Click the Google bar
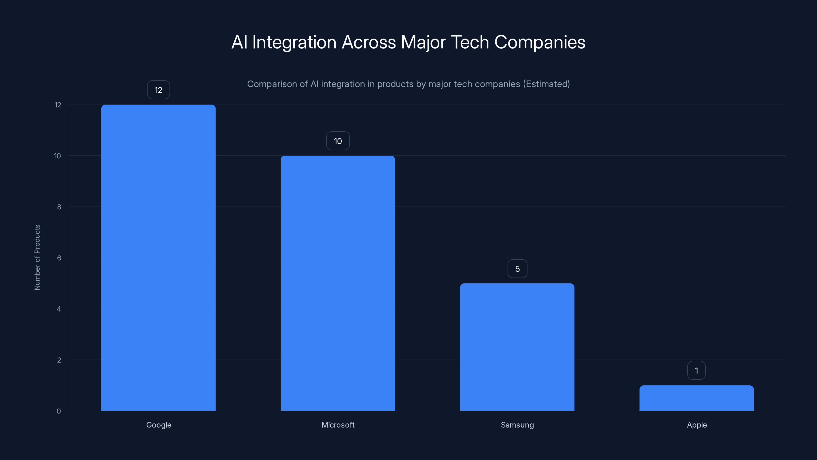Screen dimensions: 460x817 coord(158,257)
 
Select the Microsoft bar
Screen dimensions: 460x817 coord(338,283)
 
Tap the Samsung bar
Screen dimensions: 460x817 coord(517,347)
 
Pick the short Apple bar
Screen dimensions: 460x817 coord(696,398)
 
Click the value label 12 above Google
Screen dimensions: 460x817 coord(158,90)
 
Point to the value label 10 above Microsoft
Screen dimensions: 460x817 coord(338,141)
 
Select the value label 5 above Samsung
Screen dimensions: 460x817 coord(517,269)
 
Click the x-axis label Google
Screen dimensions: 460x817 coord(159,425)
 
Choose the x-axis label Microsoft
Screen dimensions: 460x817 coord(338,425)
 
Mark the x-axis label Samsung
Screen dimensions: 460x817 coord(517,425)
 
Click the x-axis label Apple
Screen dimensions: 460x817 coord(697,425)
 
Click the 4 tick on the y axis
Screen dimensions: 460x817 coord(59,309)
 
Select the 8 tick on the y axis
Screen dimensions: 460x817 coord(59,207)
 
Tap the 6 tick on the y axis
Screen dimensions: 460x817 coord(59,258)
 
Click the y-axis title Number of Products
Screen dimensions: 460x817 coord(37,257)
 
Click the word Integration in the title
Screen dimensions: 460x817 coord(294,42)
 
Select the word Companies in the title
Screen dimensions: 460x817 coord(539,42)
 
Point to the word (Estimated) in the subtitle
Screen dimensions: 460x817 coord(546,84)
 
